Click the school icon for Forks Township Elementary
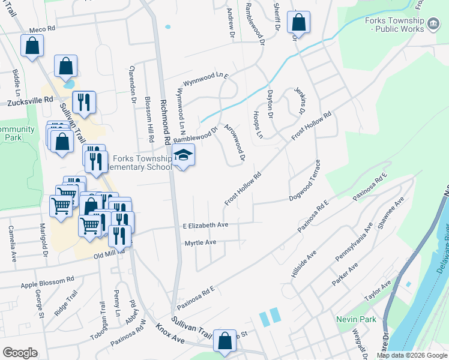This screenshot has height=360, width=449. pos(184,155)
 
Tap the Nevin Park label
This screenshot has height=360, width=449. pos(356,319)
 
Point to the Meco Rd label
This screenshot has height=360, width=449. pos(42,29)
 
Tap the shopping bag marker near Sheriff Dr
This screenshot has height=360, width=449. pos(298,23)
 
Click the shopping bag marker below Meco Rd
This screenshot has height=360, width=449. pos(32,46)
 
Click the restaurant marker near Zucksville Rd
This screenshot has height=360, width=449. pos(84,103)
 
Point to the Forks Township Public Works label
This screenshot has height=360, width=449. pos(398,25)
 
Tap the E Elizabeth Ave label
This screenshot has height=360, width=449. pos(206,225)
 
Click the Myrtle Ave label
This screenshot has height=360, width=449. pos(199,242)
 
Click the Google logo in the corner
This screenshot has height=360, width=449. pos(20,353)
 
